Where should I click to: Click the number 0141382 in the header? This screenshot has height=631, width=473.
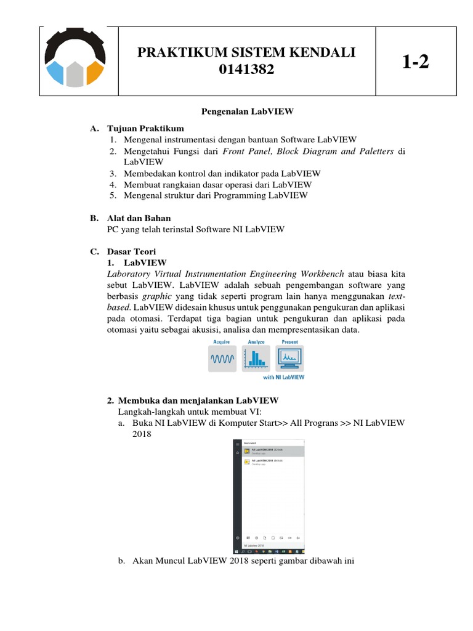click(246, 71)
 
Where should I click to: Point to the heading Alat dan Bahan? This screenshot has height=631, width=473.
click(139, 218)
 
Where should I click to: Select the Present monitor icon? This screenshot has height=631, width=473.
click(289, 357)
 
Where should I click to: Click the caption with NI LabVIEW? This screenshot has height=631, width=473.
click(284, 377)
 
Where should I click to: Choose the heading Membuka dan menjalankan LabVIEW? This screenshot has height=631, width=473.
click(198, 400)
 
